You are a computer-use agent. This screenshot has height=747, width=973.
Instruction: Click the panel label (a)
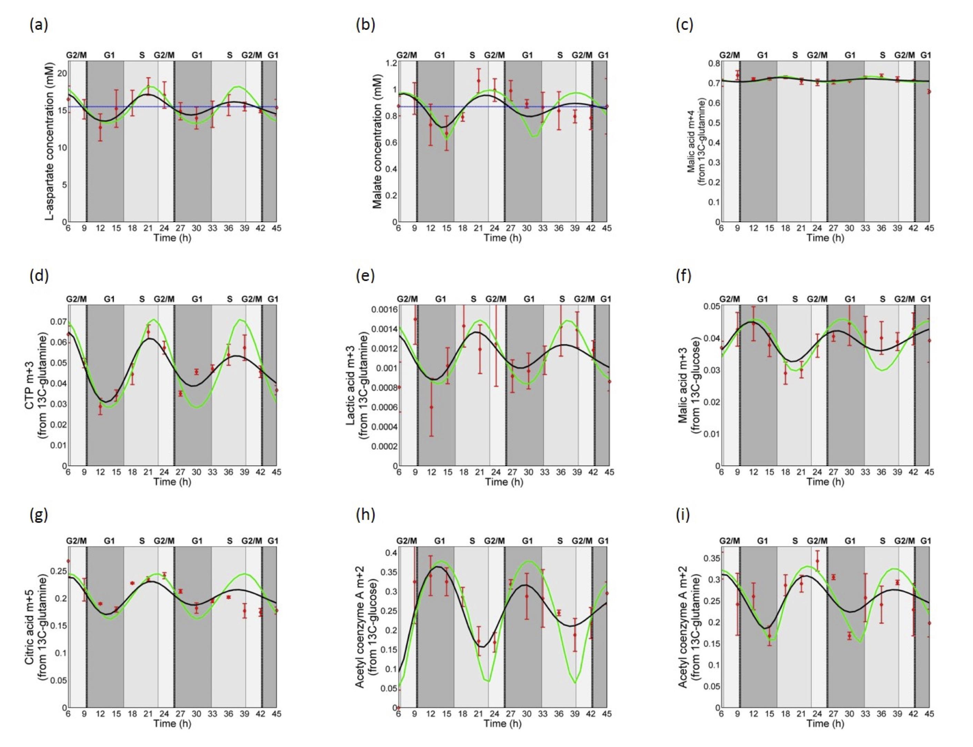[39, 26]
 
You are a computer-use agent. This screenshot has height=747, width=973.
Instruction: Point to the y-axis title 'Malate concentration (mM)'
[377, 142]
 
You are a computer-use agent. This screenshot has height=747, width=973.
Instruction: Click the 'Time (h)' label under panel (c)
[825, 238]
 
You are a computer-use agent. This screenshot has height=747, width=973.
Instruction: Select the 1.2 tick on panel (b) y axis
[390, 63]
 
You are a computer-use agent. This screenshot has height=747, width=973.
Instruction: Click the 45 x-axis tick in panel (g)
[276, 714]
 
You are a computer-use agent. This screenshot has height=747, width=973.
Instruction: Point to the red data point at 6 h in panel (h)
[399, 707]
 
